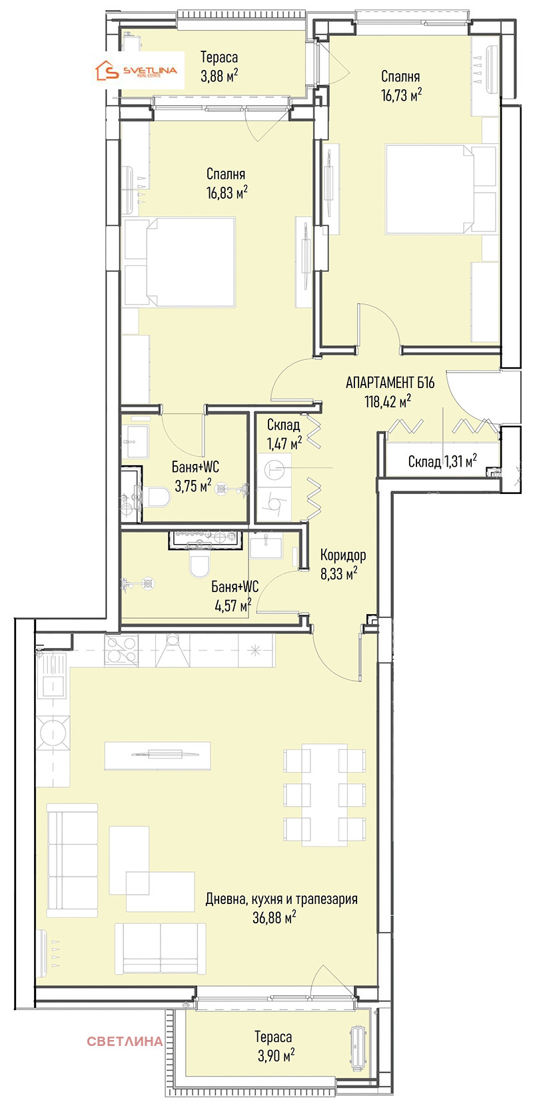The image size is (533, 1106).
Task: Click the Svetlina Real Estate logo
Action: (x=136, y=71)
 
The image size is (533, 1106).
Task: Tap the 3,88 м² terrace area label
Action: (x=219, y=76)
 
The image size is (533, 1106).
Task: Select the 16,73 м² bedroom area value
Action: (x=400, y=95)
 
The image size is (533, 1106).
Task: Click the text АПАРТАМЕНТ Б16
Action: (x=390, y=383)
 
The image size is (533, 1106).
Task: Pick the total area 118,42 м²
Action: (x=388, y=401)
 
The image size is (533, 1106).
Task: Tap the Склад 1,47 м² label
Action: (x=284, y=434)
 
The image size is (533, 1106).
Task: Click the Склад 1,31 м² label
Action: (x=442, y=461)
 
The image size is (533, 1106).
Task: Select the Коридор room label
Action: (x=343, y=555)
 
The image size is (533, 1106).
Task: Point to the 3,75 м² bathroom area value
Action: (x=193, y=486)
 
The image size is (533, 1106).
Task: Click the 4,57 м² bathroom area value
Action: (x=233, y=605)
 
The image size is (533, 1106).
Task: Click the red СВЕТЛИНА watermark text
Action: (x=125, y=1041)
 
